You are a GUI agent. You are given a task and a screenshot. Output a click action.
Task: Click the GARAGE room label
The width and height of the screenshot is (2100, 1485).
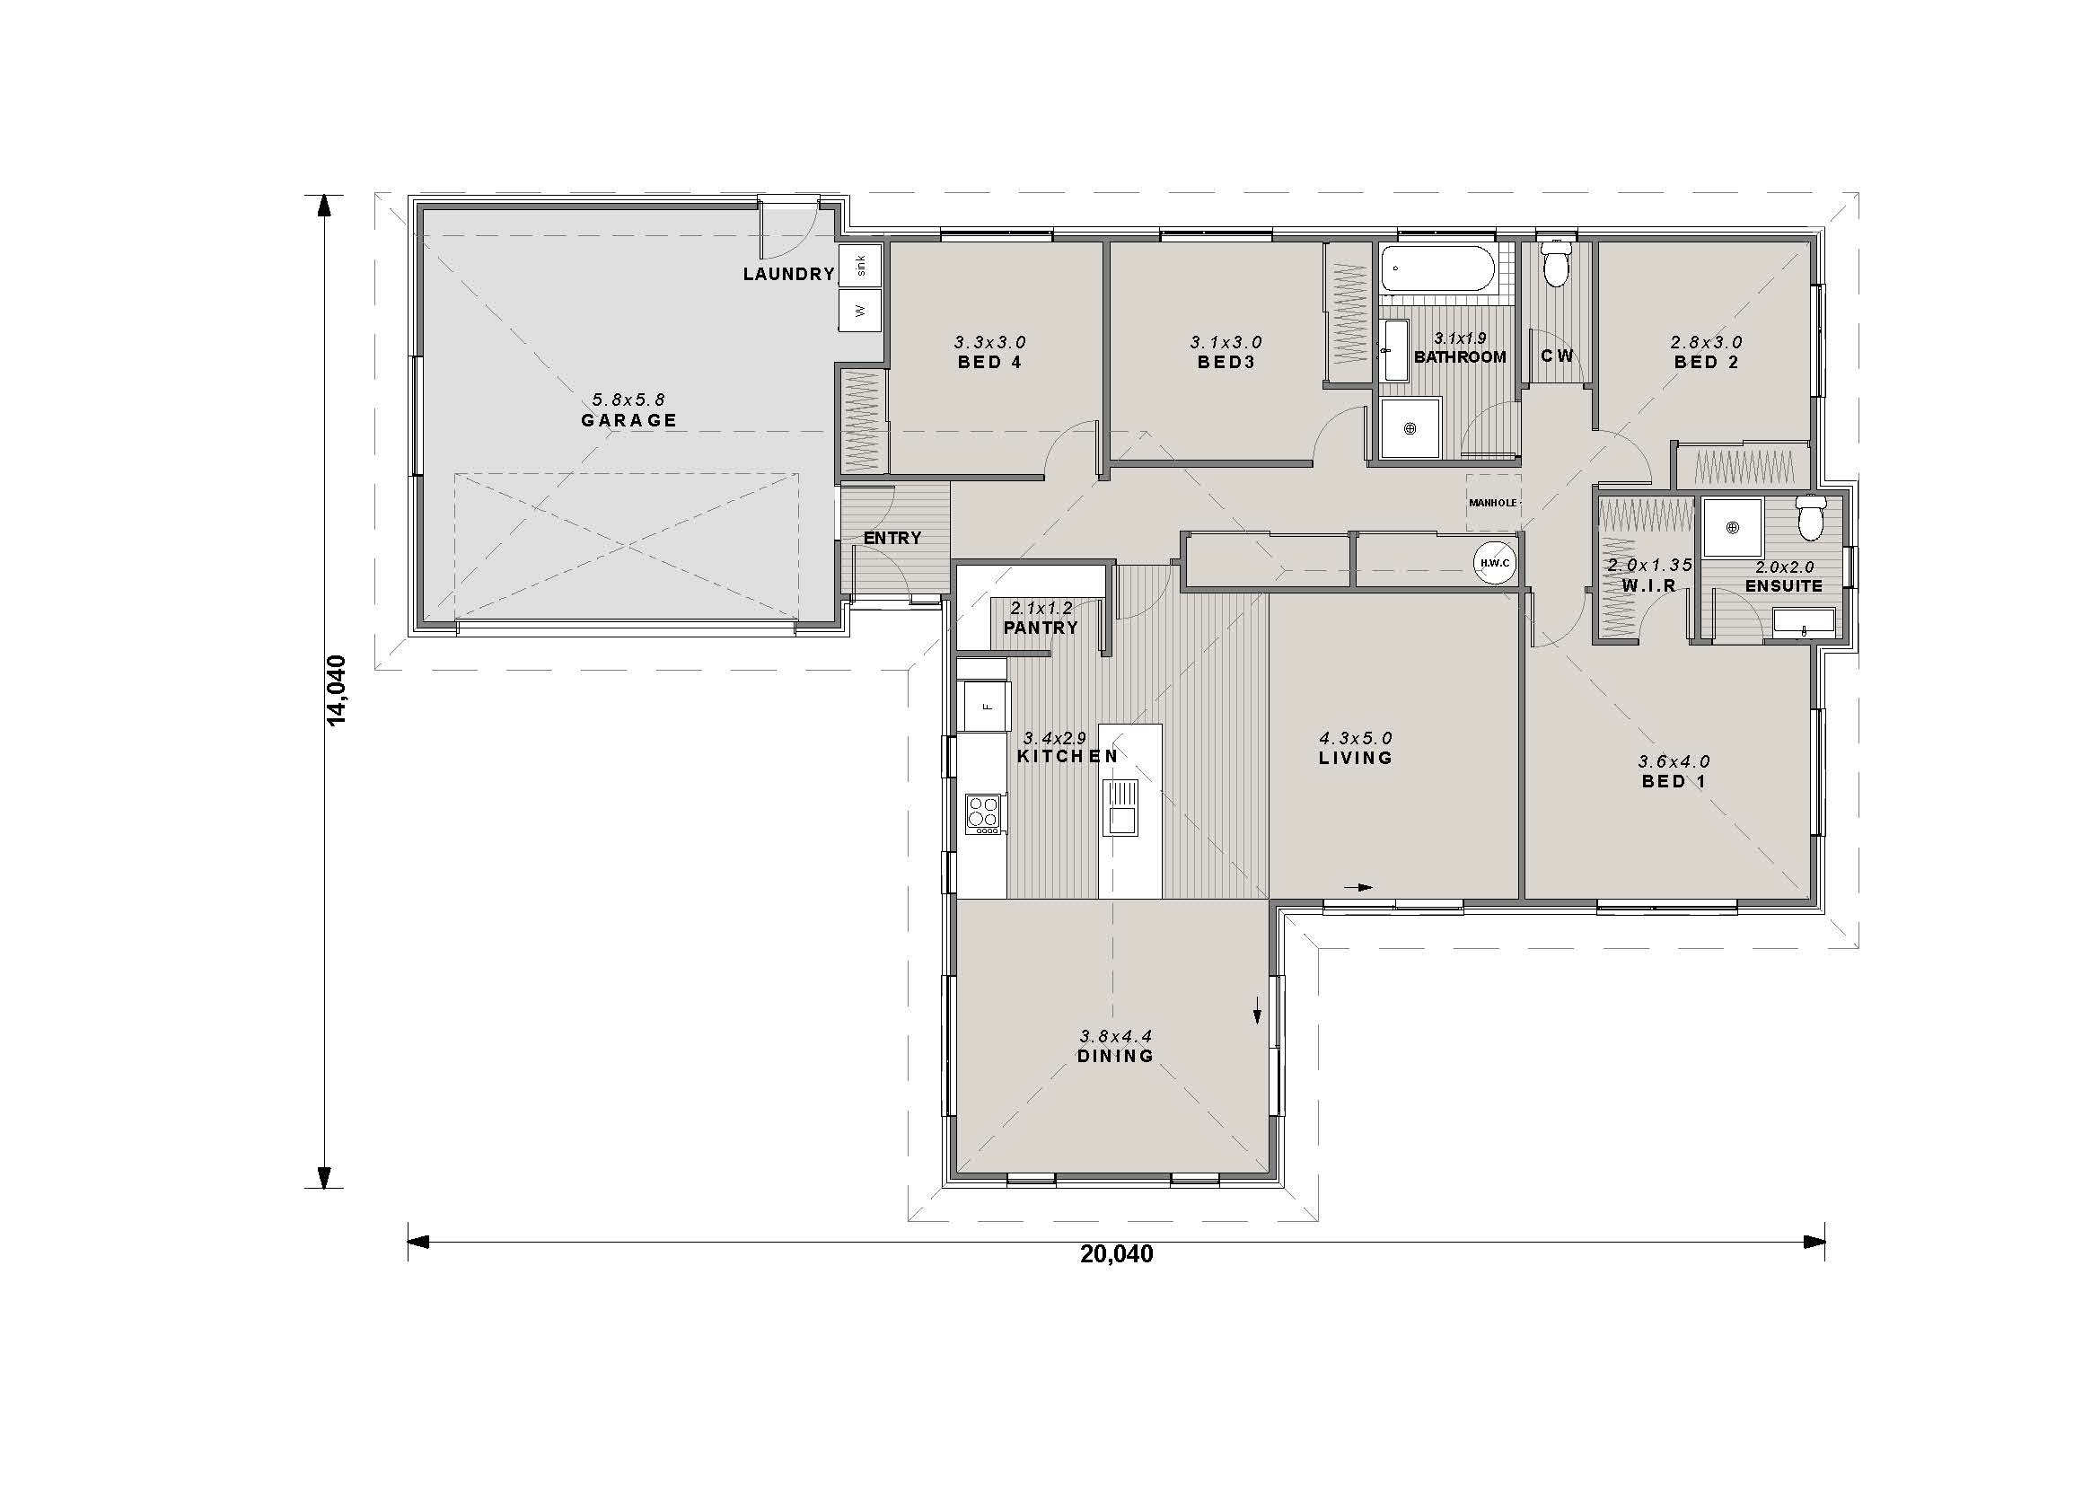coord(629,420)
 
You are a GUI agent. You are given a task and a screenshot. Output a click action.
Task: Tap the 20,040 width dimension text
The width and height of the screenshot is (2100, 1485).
coord(1117,1253)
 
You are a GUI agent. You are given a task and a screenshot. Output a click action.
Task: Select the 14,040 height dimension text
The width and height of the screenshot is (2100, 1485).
coord(338,690)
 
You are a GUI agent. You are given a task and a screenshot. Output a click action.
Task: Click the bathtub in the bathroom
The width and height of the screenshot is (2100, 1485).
coord(1437,268)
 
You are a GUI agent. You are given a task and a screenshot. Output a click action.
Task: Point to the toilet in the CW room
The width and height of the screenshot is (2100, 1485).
coord(1556,262)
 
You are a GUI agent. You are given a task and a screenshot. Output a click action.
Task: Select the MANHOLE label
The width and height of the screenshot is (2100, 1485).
coord(1493,503)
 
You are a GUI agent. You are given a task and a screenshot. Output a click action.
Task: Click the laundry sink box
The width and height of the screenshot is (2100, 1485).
coord(860,266)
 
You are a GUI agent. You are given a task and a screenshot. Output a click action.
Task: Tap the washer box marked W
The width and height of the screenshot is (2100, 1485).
coord(860,311)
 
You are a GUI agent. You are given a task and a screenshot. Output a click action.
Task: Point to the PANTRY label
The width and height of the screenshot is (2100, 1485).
coord(1041,628)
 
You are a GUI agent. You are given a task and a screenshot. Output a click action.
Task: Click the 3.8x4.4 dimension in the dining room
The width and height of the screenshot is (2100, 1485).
coord(1116,1036)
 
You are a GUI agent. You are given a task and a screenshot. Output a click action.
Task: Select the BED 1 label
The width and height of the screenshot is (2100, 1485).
coord(1674,782)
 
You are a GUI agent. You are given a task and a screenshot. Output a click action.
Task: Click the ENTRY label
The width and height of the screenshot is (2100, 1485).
coord(892,539)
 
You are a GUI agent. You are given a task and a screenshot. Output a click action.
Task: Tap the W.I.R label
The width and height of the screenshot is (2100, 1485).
coord(1649,586)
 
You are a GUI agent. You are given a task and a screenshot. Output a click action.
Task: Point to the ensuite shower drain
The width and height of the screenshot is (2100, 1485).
coord(1731,527)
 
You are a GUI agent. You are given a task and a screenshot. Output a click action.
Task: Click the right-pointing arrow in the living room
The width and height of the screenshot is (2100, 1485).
coord(1359,887)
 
